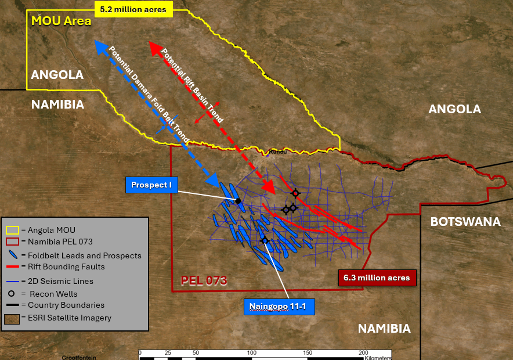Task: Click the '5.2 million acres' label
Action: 132,9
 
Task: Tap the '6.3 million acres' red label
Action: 377,278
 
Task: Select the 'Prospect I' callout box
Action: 151,185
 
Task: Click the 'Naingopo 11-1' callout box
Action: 279,307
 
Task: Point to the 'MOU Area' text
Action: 61,21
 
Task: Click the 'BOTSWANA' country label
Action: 465,222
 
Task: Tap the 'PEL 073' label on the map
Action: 203,280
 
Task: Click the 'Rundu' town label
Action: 279,152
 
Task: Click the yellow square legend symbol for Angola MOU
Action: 12,230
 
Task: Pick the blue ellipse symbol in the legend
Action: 12,255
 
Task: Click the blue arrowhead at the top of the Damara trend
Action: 99,46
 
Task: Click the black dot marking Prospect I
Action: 239,201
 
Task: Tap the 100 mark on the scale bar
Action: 252,352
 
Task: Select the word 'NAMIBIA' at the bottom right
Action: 384,329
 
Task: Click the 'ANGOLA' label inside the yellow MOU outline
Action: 57,75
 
